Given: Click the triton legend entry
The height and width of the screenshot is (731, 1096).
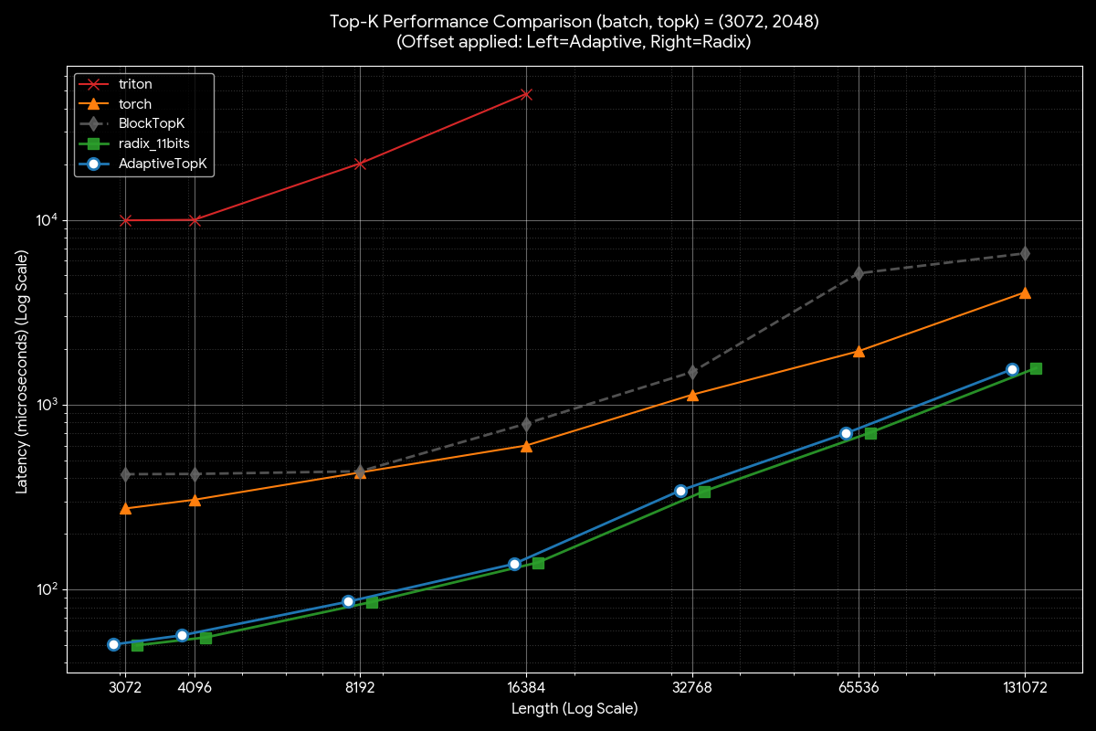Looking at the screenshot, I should [135, 84].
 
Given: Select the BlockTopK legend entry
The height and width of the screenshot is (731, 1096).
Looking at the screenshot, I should [153, 124].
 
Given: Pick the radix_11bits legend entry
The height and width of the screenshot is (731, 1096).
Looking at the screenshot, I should [153, 144].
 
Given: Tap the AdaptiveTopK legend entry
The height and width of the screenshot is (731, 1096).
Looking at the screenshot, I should [163, 164].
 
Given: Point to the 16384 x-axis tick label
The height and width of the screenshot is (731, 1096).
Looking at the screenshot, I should [526, 688].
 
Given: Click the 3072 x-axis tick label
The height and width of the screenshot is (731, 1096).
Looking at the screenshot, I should [125, 688].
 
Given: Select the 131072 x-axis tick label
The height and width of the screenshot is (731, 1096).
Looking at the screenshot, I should [1025, 688].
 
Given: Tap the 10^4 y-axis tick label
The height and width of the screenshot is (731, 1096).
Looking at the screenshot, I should [47, 220].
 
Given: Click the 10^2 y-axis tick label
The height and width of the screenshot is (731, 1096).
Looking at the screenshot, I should [47, 589].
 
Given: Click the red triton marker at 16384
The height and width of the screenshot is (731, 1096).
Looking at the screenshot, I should [526, 94].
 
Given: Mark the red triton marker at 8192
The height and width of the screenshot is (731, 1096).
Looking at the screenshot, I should [360, 164].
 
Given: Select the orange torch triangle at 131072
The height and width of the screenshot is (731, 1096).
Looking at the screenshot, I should [1025, 292].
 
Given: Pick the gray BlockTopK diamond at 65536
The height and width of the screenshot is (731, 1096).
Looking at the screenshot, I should [859, 273].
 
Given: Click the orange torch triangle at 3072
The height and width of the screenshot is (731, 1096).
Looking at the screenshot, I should [125, 508].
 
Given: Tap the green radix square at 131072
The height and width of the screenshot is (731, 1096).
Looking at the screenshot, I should [1036, 368].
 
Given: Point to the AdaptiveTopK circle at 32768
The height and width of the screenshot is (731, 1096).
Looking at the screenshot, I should [680, 491].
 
